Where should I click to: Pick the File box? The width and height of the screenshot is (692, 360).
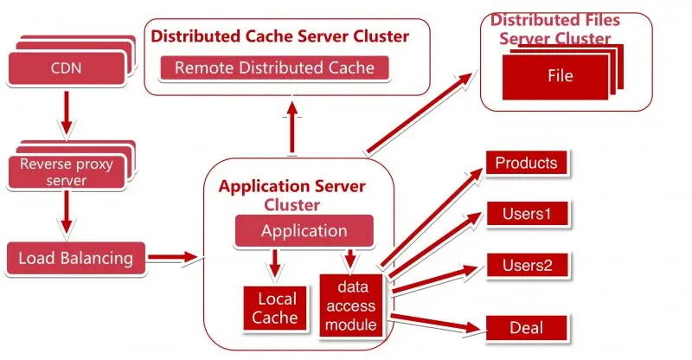tap(560, 75)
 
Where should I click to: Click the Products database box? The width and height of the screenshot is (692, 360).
tap(526, 163)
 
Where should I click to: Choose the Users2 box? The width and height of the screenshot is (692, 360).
tap(526, 266)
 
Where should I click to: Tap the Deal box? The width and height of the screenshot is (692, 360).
tap(526, 327)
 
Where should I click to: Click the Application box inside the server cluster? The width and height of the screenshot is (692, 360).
tap(304, 231)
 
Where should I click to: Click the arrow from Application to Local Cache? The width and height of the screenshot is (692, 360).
tap(275, 262)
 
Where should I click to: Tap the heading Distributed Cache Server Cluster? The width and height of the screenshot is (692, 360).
tap(279, 36)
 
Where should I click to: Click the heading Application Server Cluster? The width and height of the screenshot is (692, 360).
tap(292, 195)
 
